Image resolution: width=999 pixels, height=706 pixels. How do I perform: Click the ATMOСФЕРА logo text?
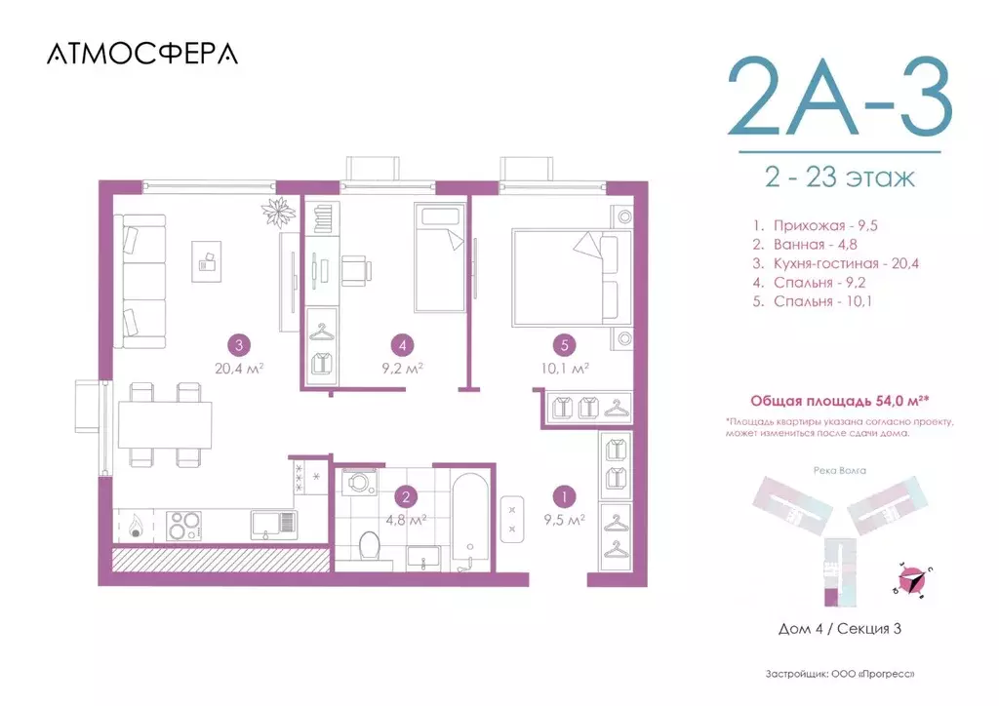pos(141,55)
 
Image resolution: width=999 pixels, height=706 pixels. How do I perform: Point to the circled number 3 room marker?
pos(237,343)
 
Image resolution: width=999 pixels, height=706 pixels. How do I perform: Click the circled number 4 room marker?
pos(401,343)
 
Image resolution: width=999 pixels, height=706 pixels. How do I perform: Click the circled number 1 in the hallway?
pos(561,495)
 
